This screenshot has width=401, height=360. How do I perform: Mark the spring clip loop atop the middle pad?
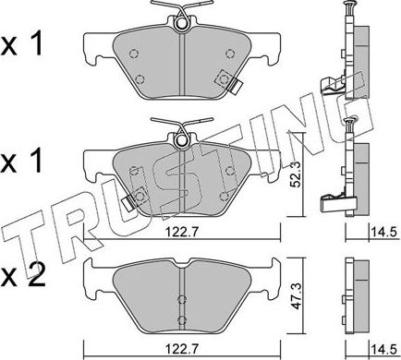[x=179, y=138]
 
